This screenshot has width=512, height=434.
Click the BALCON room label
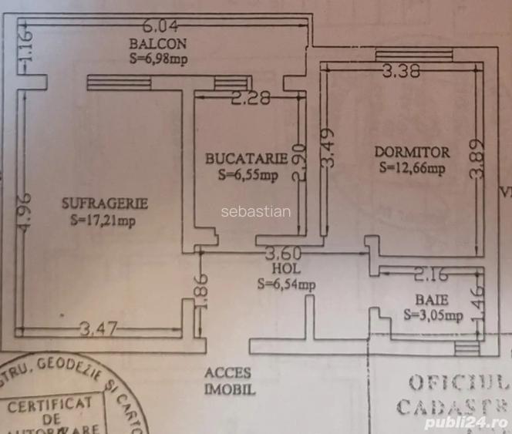[158, 43]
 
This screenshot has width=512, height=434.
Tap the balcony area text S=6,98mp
[158, 57]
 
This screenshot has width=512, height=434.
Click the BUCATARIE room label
[246, 159]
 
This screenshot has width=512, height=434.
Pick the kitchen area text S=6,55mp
[248, 175]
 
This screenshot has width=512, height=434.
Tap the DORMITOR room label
[412, 150]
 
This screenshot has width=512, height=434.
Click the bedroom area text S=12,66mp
[412, 167]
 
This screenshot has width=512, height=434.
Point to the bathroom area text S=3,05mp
[433, 315]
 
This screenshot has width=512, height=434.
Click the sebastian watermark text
[256, 211]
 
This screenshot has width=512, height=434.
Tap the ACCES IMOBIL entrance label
[228, 382]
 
